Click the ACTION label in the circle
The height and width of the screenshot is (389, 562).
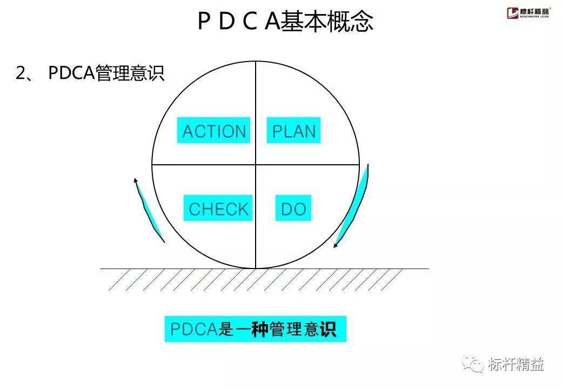click(213, 130)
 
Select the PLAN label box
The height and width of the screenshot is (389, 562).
click(293, 130)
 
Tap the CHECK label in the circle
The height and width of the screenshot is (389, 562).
click(218, 208)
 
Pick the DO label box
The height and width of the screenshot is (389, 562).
click(293, 208)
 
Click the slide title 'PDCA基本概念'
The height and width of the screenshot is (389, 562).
click(285, 21)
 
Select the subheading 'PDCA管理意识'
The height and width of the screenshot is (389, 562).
click(106, 73)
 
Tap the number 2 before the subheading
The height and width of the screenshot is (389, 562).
click(21, 73)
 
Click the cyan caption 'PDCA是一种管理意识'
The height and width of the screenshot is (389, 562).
click(255, 329)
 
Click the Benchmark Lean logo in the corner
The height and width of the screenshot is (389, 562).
click(527, 12)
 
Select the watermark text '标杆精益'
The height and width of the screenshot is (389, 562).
click(516, 364)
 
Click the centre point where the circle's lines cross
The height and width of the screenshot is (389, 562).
click(256, 165)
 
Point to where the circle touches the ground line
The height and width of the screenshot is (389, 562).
click(256, 269)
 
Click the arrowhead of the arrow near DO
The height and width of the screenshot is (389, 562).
click(335, 245)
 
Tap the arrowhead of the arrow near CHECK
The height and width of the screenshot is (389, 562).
click(136, 180)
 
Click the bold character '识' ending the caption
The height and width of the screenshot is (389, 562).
click(329, 329)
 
